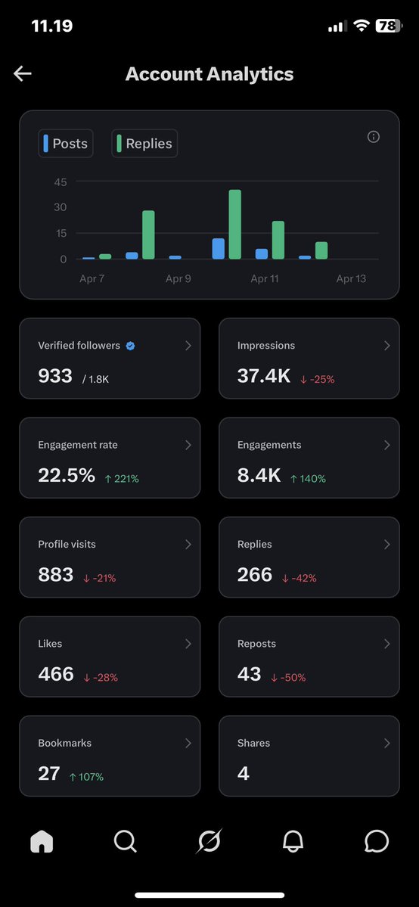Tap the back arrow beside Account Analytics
23,73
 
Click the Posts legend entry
66,144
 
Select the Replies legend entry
144,144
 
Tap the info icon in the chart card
373,137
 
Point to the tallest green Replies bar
234,225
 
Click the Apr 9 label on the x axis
178,279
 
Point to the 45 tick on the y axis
61,182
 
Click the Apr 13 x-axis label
351,279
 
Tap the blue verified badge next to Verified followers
130,346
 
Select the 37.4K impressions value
264,376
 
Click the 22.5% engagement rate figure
67,476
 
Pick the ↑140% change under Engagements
308,479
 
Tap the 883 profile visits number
56,575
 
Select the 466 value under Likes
56,674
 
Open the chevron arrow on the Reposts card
386,644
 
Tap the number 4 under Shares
243,773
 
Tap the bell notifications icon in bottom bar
293,841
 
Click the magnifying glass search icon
125,841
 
